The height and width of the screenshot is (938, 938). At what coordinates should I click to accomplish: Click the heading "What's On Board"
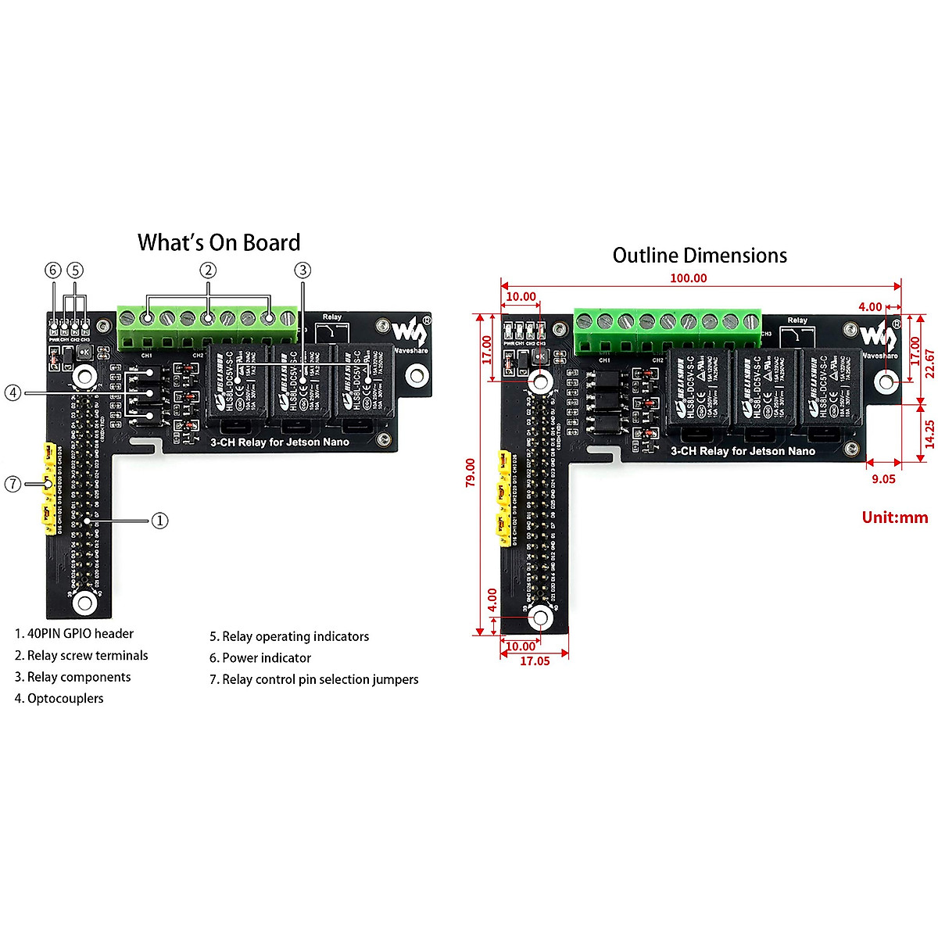pyautogui.click(x=219, y=243)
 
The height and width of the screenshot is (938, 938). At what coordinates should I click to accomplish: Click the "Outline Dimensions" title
pyautogui.click(x=700, y=256)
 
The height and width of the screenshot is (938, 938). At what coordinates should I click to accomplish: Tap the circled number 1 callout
pyautogui.click(x=159, y=521)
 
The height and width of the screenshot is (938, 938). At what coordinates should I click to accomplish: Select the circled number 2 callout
pyautogui.click(x=207, y=270)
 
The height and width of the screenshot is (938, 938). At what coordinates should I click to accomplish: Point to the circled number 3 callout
pyautogui.click(x=303, y=270)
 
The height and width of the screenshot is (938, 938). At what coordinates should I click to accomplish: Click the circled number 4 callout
pyautogui.click(x=13, y=392)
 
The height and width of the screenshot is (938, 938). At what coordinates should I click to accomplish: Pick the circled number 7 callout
pyautogui.click(x=13, y=485)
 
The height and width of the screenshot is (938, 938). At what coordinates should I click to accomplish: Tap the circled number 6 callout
pyautogui.click(x=53, y=270)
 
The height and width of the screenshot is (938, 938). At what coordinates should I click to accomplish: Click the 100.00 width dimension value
pyautogui.click(x=688, y=278)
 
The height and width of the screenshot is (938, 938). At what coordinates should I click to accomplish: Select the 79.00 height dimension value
pyautogui.click(x=471, y=473)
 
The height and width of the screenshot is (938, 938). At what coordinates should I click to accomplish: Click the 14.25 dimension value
pyautogui.click(x=929, y=434)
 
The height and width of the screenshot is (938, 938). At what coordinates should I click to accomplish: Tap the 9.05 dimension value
pyautogui.click(x=883, y=479)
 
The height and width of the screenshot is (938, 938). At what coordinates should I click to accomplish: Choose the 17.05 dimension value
pyautogui.click(x=535, y=661)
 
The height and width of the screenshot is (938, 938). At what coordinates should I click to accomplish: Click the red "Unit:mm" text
pyautogui.click(x=894, y=517)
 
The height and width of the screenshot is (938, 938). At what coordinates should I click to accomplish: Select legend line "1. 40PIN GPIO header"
pyautogui.click(x=74, y=634)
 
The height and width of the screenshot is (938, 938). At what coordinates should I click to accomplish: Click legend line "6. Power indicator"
pyautogui.click(x=260, y=658)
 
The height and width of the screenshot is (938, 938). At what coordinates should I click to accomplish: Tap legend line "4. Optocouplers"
pyautogui.click(x=59, y=699)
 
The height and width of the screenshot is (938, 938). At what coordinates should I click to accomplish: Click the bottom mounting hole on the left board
pyautogui.click(x=84, y=603)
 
